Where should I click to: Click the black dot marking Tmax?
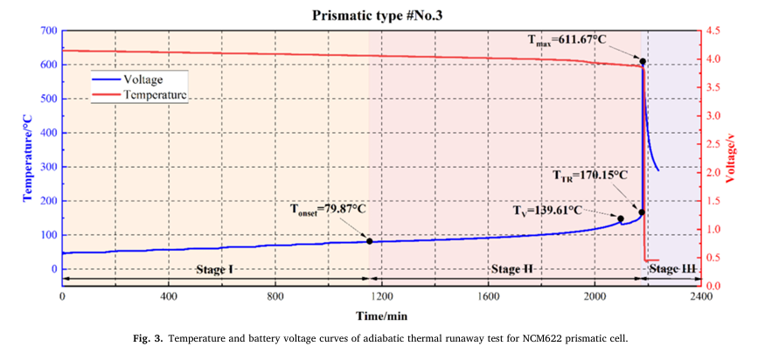pyautogui.click(x=643, y=62)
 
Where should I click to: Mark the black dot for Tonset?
pyautogui.click(x=369, y=241)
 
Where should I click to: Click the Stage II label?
pyautogui.click(x=511, y=268)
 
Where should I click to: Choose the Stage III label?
pyautogui.click(x=673, y=268)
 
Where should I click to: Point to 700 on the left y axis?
pyautogui.click(x=47, y=31)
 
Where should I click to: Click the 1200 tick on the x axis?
pyautogui.click(x=381, y=296)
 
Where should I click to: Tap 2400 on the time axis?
pyautogui.click(x=700, y=296)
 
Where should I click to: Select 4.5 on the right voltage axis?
pyautogui.click(x=714, y=31)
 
